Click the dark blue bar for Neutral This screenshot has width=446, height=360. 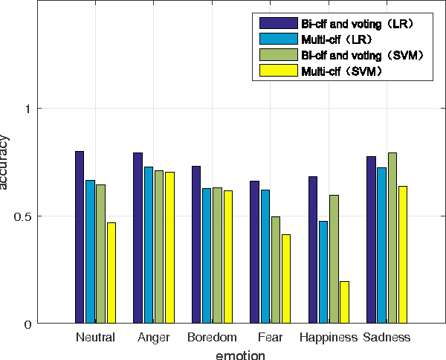(80, 237)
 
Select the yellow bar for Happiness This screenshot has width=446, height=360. (344, 303)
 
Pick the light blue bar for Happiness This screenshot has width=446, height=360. (323, 272)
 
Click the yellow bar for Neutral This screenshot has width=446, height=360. (111, 273)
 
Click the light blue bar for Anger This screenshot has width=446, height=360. (149, 245)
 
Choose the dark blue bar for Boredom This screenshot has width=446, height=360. (196, 245)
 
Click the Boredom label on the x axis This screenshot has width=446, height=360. (212, 338)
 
